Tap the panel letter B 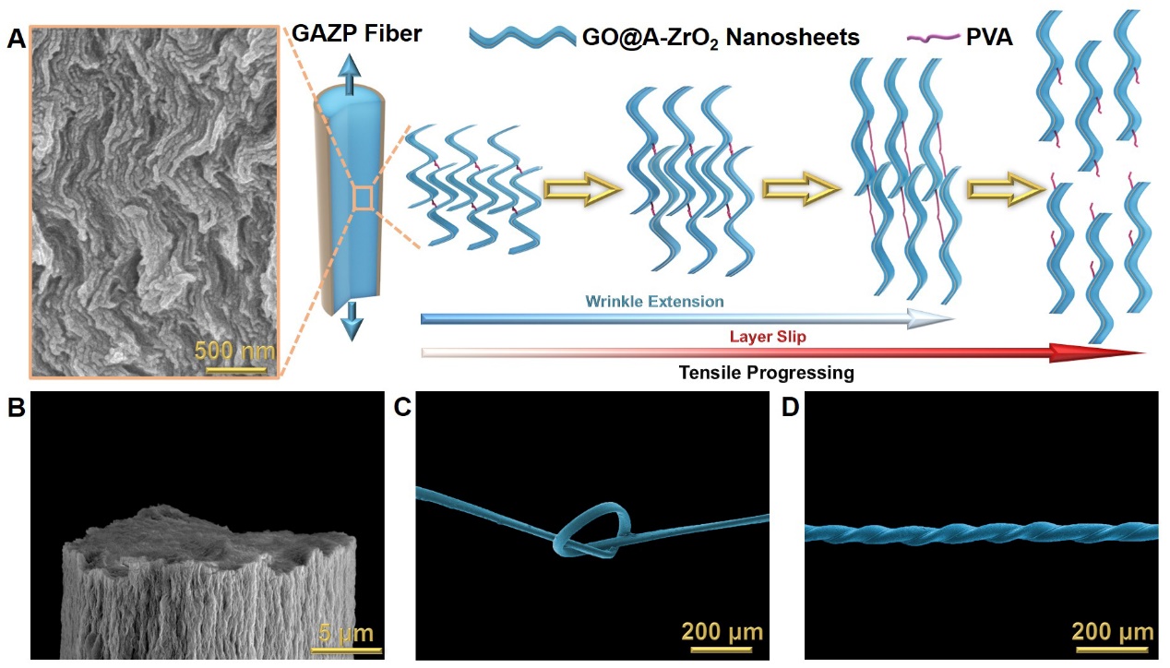tap(16, 408)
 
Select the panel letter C tap(401, 408)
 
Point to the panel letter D tap(791, 408)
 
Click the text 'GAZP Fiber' tap(357, 35)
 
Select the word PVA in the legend tap(990, 38)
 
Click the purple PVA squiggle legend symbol tap(932, 38)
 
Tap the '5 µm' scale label tap(345, 633)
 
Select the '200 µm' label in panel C tap(722, 632)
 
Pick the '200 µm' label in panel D tap(1113, 632)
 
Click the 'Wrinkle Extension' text tap(654, 302)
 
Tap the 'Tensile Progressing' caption tap(766, 373)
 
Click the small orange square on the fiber tap(364, 197)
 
